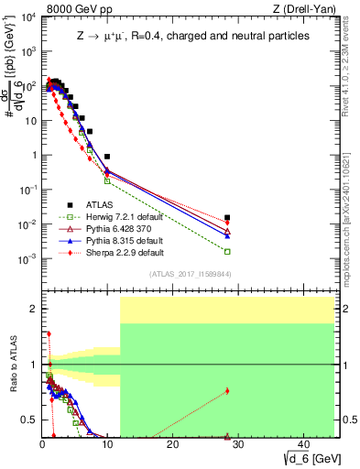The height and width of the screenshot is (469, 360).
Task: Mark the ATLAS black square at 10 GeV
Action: tap(107, 157)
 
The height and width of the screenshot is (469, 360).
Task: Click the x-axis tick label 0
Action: tap(42, 443)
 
